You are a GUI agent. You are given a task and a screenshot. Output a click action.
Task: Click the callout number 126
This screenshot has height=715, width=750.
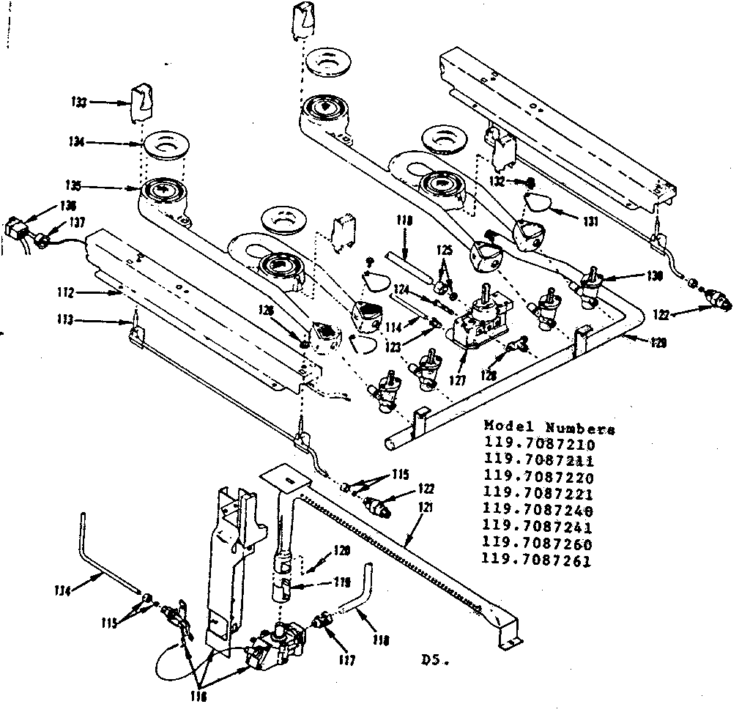tap(265, 311)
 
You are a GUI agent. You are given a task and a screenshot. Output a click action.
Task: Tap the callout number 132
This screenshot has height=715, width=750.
tap(497, 180)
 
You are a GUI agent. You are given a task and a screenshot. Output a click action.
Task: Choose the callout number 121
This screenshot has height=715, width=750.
tap(425, 507)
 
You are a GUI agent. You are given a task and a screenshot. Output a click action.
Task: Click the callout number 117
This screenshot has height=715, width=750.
tap(346, 660)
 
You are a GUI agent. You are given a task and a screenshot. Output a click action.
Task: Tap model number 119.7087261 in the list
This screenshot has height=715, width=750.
tap(538, 561)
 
